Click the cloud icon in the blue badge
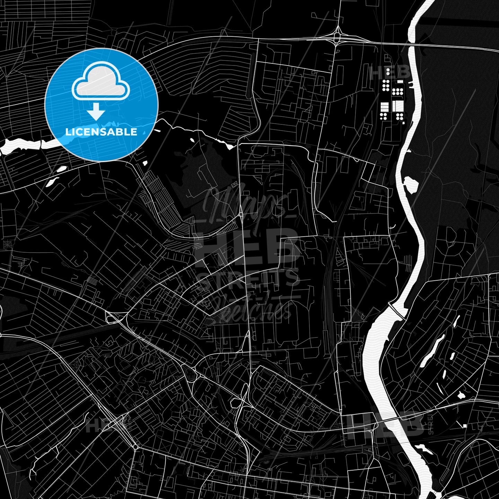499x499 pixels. click(100, 82)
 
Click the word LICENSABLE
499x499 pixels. click(101, 132)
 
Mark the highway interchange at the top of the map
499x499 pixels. click(337, 35)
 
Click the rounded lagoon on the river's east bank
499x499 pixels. click(411, 184)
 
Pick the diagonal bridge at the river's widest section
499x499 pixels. click(396, 311)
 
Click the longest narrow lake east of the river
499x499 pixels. click(431, 350)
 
